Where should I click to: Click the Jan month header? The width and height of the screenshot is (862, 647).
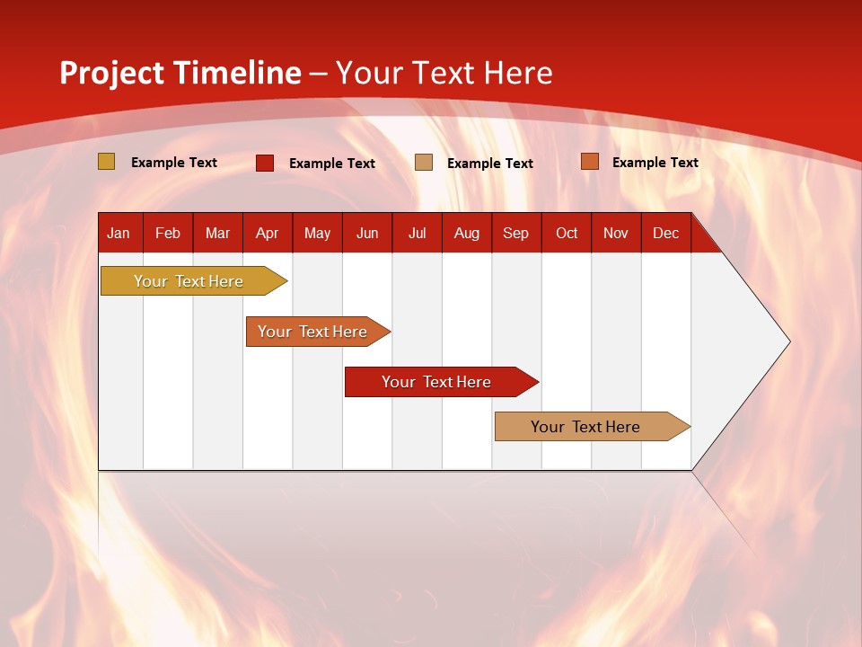point(119,233)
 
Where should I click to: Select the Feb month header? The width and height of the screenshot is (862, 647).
point(168,233)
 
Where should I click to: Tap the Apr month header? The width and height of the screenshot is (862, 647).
point(268,233)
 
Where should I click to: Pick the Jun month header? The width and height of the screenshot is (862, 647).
point(367,233)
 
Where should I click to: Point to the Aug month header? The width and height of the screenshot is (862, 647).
point(467,233)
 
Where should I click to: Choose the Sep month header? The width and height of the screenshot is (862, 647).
point(516,233)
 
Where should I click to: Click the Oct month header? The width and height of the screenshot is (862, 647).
point(567,233)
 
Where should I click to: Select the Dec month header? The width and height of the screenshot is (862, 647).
point(666,233)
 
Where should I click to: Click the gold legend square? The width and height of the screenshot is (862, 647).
point(107,162)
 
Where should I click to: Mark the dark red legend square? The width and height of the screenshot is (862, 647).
point(265,163)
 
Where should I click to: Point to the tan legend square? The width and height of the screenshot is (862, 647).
point(424,163)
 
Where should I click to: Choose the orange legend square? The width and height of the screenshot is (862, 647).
point(589,162)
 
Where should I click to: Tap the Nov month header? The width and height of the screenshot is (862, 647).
point(616,233)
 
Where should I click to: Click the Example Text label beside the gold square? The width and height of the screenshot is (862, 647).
point(174,163)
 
